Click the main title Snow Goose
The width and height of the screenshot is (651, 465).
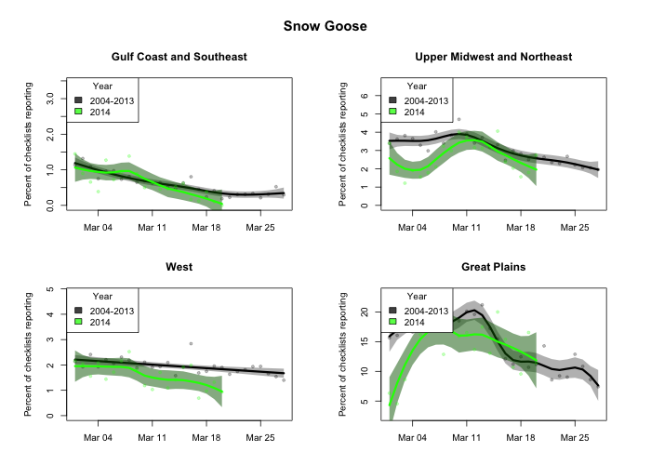point(325,26)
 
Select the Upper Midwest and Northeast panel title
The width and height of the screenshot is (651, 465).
point(493,57)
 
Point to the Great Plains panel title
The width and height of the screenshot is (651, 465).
point(493,267)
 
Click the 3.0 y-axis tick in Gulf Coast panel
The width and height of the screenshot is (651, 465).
point(50,96)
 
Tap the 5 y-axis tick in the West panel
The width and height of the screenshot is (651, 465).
point(50,289)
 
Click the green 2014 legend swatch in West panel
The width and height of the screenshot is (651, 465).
point(79,322)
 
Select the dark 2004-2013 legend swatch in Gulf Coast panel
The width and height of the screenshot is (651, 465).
point(79,100)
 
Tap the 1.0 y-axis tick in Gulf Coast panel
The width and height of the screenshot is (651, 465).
point(50,168)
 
